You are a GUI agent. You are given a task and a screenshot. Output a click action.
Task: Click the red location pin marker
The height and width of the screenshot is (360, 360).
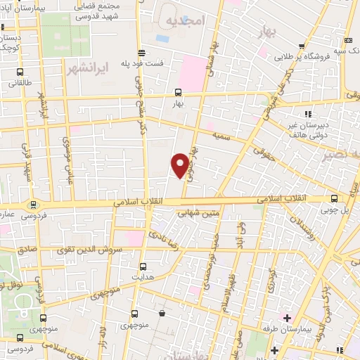pyautogui.click(x=180, y=164)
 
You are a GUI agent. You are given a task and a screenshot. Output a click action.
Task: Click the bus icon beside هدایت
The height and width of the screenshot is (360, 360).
pyautogui.click(x=143, y=266)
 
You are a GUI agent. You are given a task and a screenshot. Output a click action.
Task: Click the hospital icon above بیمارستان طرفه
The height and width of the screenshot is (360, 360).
pyautogui.click(x=287, y=318)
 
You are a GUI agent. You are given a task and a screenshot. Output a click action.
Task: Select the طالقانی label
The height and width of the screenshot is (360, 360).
pyautogui.click(x=19, y=82)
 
